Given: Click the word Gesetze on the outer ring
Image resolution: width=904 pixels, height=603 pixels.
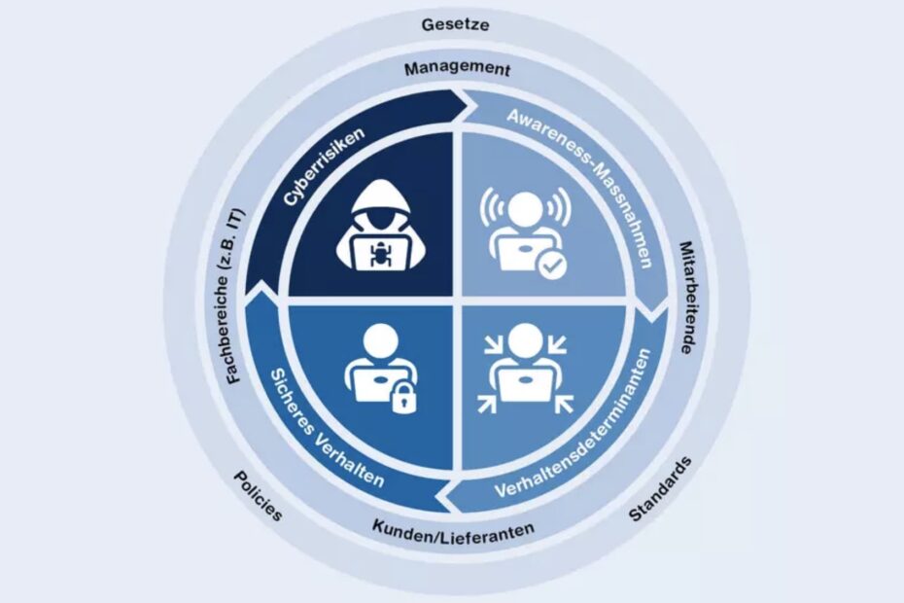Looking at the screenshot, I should click(455, 24).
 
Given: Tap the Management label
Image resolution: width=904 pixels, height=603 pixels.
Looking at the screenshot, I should click(456, 69).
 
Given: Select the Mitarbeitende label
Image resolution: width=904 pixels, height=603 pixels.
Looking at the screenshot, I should click(692, 297).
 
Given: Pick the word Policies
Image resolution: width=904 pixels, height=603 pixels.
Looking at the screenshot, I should click(258, 495).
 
